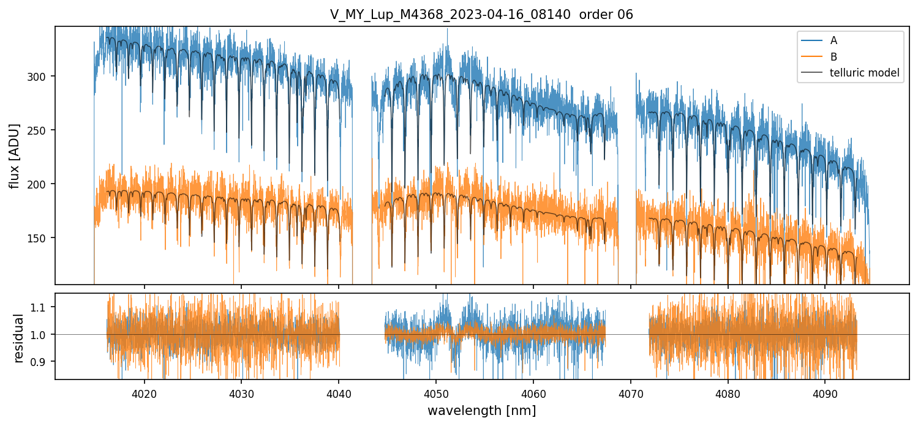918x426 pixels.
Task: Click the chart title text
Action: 481,15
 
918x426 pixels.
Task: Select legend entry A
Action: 833,40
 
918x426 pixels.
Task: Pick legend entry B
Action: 833,57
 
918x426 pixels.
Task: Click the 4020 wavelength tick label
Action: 144,392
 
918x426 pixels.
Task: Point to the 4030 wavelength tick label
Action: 241,392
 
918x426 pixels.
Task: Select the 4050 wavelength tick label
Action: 435,392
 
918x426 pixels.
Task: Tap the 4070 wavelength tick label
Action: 630,392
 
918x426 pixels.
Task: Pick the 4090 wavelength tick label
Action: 824,392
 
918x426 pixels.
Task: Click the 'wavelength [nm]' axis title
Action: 481,410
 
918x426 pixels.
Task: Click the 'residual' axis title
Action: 18,338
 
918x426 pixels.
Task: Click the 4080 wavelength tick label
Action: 728,392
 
